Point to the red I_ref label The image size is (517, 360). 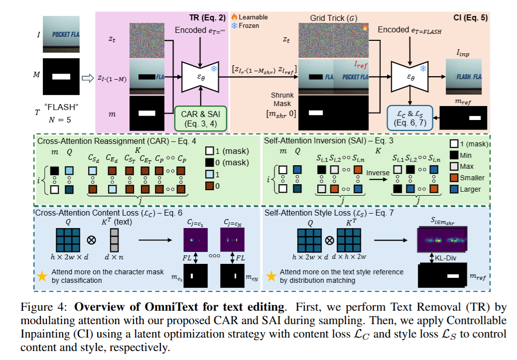click(x=363, y=64)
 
